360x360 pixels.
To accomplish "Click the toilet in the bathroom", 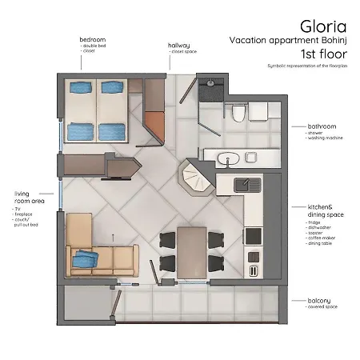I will [x=237, y=116].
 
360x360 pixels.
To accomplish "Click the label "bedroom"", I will [x=93, y=39].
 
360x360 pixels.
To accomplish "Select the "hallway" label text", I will [x=179, y=46].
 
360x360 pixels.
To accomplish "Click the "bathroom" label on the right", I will [x=322, y=126].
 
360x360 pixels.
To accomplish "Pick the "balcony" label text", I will [x=319, y=301].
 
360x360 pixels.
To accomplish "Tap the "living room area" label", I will [x=26, y=198].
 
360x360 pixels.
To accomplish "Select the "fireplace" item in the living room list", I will [x=25, y=214].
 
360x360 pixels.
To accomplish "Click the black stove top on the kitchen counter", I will [x=253, y=235].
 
